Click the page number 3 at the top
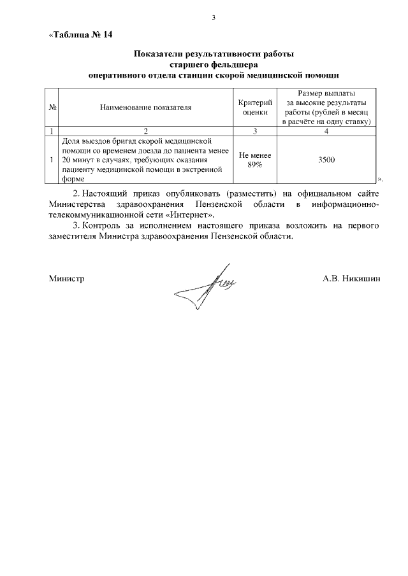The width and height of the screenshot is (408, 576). [215, 17]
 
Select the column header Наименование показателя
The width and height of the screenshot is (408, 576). [146, 107]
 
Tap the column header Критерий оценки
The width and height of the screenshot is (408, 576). [255, 107]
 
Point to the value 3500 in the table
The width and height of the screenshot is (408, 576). [326, 159]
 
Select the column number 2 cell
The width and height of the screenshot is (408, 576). [146, 131]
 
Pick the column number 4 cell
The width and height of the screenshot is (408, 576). [326, 131]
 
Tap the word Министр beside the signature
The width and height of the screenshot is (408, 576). [66, 278]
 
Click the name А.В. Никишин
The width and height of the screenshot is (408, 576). [351, 278]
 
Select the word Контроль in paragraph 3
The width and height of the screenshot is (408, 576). [105, 225]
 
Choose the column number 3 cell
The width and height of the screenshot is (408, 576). [255, 131]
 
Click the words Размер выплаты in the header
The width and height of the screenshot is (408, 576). [326, 94]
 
